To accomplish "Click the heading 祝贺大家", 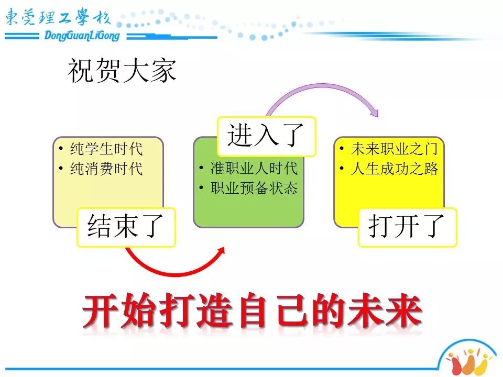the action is pyautogui.click(x=122, y=71).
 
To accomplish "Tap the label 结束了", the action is pyautogui.click(x=125, y=226).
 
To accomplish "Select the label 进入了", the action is pyautogui.click(x=266, y=135).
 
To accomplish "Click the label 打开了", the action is pyautogui.click(x=407, y=226).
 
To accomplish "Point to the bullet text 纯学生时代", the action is pyautogui.click(x=106, y=149).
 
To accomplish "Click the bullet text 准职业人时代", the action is pyautogui.click(x=254, y=168).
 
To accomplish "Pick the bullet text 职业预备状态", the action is pyautogui.click(x=254, y=188).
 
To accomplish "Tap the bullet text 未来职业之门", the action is pyautogui.click(x=395, y=149).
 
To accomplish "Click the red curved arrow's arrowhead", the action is pyautogui.click(x=220, y=252).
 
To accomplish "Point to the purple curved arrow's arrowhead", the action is pyautogui.click(x=374, y=112).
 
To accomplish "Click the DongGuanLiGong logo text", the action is pyautogui.click(x=82, y=36).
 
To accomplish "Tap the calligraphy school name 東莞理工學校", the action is pyautogui.click(x=58, y=17).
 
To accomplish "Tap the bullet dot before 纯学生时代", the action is pyautogui.click(x=61, y=148).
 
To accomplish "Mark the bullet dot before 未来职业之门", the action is pyautogui.click(x=342, y=148).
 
